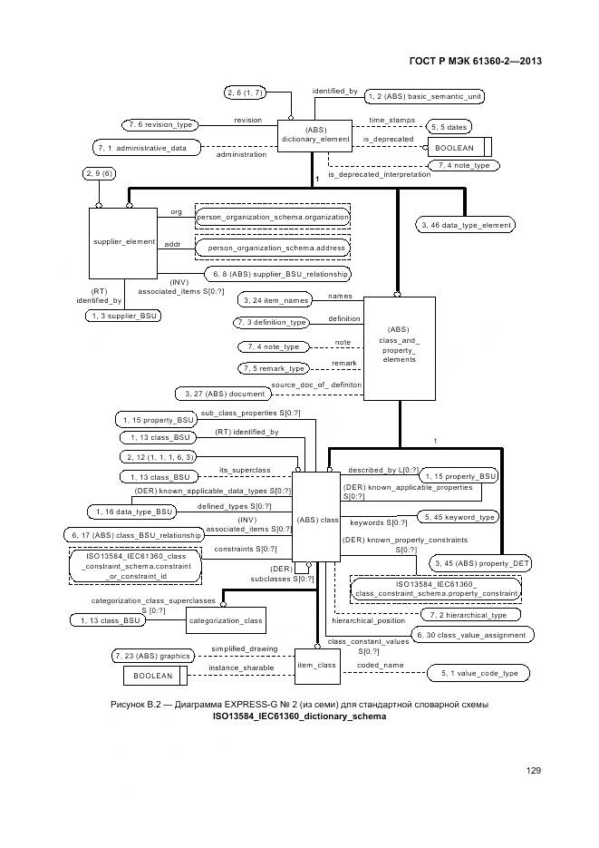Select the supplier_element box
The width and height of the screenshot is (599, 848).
click(x=124, y=242)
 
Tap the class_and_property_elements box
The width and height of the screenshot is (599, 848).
click(x=399, y=347)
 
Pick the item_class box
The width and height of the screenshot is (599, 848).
click(x=317, y=665)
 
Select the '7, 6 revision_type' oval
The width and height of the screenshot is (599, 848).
click(x=159, y=124)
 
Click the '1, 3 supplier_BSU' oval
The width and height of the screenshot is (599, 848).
click(x=123, y=316)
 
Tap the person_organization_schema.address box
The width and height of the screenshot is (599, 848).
click(x=273, y=247)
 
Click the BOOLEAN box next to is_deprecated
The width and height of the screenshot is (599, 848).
click(x=459, y=147)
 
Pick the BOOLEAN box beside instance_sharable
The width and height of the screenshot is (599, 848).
click(x=154, y=676)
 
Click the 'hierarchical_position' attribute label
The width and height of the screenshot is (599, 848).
click(x=368, y=620)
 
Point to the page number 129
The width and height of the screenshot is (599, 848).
click(x=533, y=770)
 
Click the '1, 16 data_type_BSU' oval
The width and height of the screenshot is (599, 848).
click(x=130, y=512)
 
